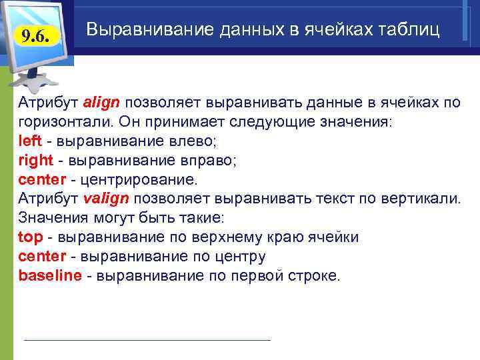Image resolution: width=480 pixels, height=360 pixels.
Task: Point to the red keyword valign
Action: (x=108, y=199)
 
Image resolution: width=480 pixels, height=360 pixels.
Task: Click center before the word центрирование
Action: (x=42, y=180)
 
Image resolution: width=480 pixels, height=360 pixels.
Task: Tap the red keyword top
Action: (x=30, y=238)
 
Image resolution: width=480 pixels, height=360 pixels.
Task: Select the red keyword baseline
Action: (x=50, y=276)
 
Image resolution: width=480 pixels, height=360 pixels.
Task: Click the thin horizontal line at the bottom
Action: (x=147, y=340)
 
